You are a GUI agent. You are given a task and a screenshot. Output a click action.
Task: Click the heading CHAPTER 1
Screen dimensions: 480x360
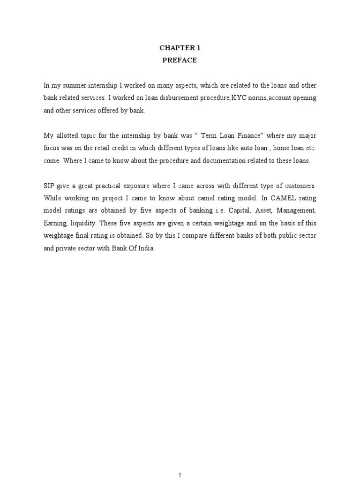pyautogui.click(x=180, y=47)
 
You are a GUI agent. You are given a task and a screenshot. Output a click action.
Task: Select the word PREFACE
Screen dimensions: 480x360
pyautogui.click(x=180, y=60)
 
